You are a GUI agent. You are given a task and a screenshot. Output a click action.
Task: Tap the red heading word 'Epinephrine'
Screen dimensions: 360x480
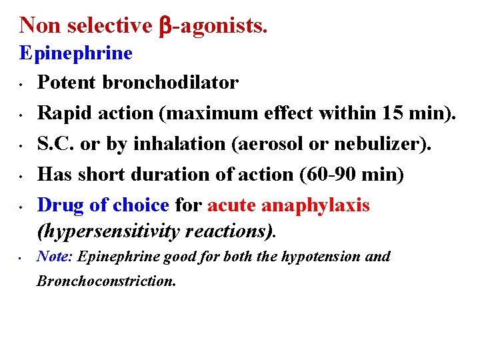coord(76,53)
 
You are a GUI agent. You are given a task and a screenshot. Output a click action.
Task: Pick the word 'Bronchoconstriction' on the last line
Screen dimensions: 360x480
coord(105,281)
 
